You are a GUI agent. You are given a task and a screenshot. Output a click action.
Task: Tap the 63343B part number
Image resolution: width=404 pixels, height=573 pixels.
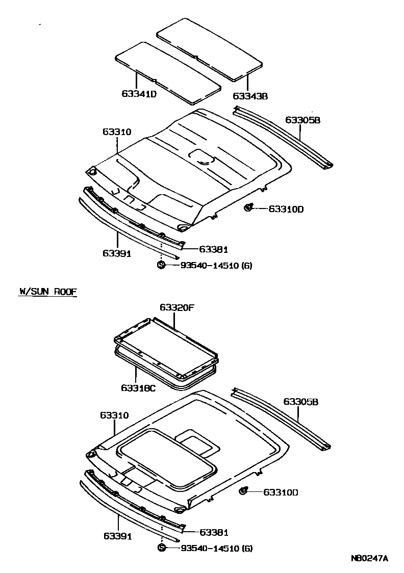coord(250,96)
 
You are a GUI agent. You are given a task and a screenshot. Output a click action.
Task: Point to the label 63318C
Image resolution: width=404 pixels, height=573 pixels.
coord(138,388)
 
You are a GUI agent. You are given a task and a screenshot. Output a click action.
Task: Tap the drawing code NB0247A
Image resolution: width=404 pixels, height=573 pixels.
coord(369,558)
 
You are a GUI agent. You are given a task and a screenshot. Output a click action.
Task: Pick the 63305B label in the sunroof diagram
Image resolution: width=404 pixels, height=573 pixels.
coord(301,402)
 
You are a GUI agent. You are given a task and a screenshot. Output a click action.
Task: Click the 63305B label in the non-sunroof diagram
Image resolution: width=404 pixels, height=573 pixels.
coord(302,120)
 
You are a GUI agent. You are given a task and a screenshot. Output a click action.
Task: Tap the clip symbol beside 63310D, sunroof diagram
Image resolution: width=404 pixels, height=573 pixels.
coord(244,491)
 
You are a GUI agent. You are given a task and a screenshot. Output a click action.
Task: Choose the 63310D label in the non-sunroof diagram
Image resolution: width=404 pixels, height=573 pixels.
coord(286,209)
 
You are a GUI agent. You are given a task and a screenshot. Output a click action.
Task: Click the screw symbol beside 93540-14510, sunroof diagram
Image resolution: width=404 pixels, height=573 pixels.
coord(161,548)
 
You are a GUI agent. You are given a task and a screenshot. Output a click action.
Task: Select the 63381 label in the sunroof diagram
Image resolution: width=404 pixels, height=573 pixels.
coord(213,532)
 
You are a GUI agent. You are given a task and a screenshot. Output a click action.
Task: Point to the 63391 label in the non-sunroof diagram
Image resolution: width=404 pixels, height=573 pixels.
coord(117,253)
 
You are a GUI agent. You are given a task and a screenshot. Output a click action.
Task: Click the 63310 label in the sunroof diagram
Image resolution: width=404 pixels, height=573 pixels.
coord(114,415)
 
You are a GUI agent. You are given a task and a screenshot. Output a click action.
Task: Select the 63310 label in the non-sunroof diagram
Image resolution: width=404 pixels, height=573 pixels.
coord(117,132)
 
